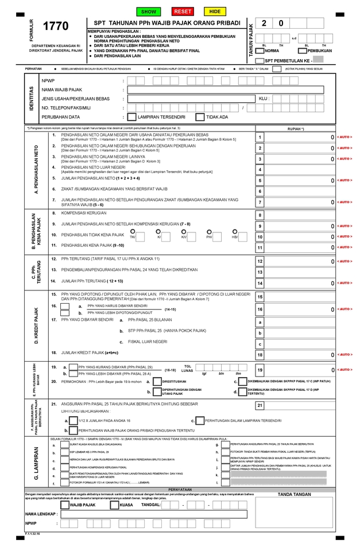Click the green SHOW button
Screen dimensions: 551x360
149,11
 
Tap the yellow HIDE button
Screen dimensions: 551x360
215,11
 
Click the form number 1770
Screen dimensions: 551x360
56,26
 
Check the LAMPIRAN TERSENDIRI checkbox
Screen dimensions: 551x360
132,117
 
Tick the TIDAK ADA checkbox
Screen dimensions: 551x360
200,117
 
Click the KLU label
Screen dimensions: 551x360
264,99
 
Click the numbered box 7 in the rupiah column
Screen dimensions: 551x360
260,202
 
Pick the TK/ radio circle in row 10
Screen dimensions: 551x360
133,231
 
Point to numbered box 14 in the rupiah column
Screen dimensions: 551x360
260,283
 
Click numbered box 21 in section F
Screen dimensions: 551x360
260,406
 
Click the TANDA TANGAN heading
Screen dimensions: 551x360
294,494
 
